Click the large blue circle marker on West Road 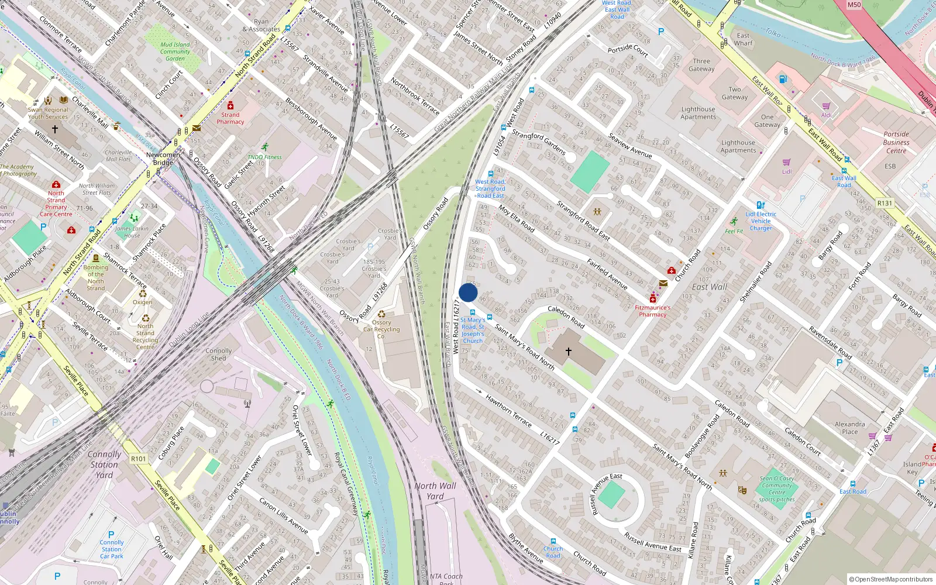point(468,292)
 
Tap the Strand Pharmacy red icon point(230,106)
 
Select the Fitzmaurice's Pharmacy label point(653,311)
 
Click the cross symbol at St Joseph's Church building point(568,352)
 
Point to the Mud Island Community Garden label point(175,51)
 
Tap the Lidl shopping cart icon point(787,162)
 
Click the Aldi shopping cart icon point(826,106)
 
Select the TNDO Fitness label point(264,157)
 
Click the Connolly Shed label point(219,355)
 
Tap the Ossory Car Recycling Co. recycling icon point(381,314)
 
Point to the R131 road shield point(885,204)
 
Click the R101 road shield point(139,459)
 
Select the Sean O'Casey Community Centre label point(777,489)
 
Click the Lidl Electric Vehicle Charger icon point(760,205)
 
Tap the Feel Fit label point(734,231)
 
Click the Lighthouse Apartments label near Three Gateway point(698,113)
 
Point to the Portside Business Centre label point(896,142)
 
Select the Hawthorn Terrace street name point(508,410)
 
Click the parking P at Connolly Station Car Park point(111,535)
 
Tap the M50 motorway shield point(854,5)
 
